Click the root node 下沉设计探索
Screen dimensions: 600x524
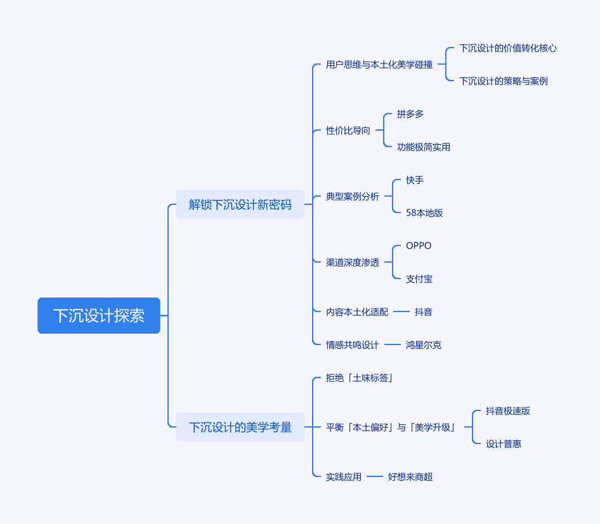pos(99,315)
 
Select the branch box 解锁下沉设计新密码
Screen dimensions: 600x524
pos(240,204)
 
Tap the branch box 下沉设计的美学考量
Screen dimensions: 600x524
pos(240,427)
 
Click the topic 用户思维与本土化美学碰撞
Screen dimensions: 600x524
pos(379,65)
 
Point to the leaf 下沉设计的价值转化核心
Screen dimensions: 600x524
pos(508,48)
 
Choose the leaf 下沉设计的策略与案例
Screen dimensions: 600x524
pos(503,81)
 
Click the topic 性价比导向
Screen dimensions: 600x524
pos(348,131)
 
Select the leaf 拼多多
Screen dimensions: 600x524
pos(410,114)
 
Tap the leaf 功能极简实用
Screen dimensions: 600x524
pos(423,147)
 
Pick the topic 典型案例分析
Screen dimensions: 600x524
pos(353,197)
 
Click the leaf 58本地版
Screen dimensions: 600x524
pos(424,213)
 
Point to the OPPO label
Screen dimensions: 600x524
pos(419,246)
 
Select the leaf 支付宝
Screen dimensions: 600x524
pos(419,279)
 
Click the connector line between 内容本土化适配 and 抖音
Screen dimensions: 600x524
pos(401,312)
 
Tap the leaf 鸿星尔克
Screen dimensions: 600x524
pos(424,345)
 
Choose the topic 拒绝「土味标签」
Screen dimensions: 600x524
pos(360,378)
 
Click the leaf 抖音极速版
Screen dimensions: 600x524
pos(508,411)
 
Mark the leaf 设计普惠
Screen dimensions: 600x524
pos(503,444)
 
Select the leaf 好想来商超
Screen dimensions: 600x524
pos(410,477)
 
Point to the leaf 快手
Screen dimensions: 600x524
pos(415,180)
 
